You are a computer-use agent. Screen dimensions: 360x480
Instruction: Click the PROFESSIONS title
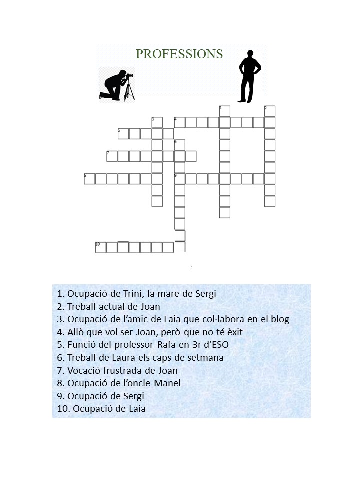coord(179,54)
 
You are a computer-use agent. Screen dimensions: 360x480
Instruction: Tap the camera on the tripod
coord(130,75)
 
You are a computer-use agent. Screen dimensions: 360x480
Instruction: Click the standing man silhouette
coord(249,76)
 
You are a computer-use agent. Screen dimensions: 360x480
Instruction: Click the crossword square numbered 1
coord(224,111)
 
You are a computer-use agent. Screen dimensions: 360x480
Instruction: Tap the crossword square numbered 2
coord(269,111)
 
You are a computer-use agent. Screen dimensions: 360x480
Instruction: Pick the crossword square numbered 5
coord(123,134)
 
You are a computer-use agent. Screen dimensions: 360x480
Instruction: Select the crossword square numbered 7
coord(112,156)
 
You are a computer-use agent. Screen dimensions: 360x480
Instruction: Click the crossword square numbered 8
coord(89,179)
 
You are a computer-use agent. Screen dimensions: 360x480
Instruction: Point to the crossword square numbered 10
coord(100,247)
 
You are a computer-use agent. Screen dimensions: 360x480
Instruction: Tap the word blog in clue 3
coord(280,319)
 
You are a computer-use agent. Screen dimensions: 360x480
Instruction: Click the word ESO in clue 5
coord(219,345)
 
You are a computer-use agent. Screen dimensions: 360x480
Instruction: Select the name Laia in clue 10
coord(137,409)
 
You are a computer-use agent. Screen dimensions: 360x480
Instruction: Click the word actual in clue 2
coord(113,306)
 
